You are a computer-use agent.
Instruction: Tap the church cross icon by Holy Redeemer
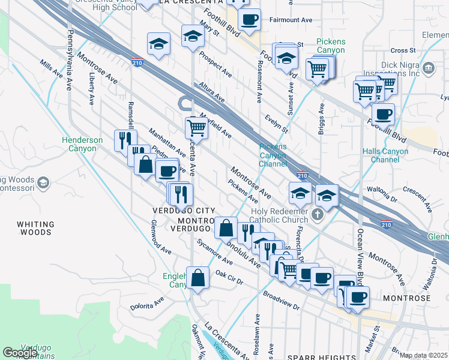318,214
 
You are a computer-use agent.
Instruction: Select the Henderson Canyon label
83,144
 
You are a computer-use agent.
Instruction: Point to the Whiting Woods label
37,228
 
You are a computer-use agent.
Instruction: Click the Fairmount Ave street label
291,20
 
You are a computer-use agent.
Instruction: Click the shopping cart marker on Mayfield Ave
197,127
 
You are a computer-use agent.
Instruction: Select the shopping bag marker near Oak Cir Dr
198,278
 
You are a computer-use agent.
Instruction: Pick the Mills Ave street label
52,68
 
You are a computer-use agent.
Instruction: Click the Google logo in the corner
20,353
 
